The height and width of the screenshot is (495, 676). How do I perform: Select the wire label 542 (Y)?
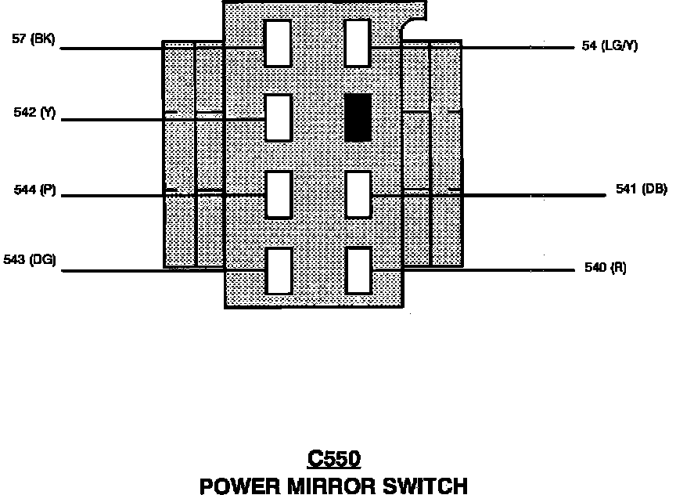(35, 113)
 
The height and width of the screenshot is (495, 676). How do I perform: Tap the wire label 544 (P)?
(35, 190)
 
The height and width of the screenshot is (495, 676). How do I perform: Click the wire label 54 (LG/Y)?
(610, 46)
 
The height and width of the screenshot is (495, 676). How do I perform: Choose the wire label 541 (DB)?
(641, 190)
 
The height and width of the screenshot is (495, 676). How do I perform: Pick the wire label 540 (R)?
(605, 268)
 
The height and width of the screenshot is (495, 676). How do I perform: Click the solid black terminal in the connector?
(358, 117)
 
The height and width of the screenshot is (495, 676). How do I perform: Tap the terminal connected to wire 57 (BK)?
(278, 43)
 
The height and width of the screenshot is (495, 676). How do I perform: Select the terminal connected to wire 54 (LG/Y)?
(358, 43)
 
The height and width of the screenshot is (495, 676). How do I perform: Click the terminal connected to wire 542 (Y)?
(278, 117)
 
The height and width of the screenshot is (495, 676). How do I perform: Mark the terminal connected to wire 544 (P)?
(278, 194)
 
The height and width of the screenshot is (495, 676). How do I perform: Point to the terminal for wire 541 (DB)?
(358, 194)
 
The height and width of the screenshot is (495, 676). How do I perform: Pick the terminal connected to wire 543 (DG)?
(278, 271)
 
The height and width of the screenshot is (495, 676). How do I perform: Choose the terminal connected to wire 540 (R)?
(358, 271)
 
